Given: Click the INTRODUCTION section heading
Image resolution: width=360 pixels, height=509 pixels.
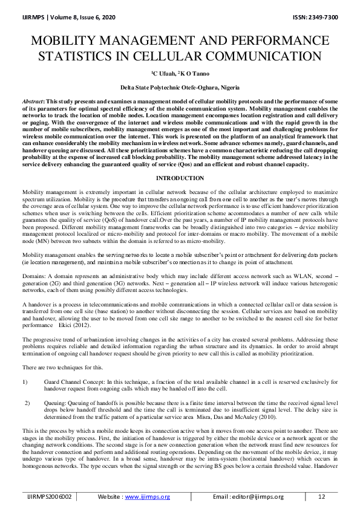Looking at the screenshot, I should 180,178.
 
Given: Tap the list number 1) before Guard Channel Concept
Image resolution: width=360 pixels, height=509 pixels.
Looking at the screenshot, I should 25,382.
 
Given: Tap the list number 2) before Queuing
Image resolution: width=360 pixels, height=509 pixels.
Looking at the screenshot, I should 27,402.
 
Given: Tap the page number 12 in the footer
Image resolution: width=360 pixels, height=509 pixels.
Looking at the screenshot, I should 321,497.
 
